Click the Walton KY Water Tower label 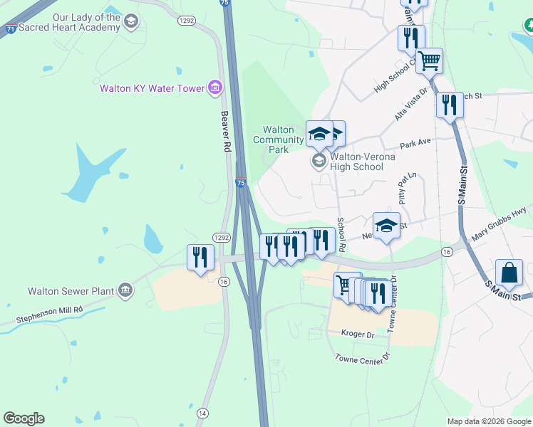[x=152, y=88]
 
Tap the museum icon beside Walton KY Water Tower [x=214, y=88]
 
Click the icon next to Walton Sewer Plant [x=125, y=290]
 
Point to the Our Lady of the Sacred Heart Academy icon [x=130, y=22]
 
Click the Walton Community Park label [x=278, y=139]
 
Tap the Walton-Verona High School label [x=358, y=162]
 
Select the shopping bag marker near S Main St [x=509, y=274]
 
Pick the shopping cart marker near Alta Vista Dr [x=429, y=61]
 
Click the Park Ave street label [x=415, y=144]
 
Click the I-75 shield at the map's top [x=225, y=4]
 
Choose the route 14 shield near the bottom [x=202, y=413]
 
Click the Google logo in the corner [x=24, y=418]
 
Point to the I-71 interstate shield [x=11, y=28]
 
